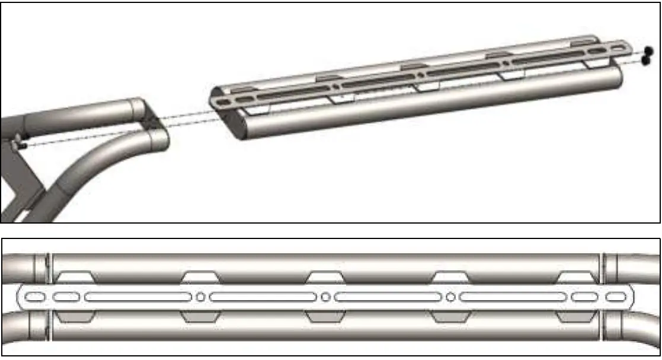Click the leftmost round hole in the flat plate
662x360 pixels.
pyautogui.click(x=200, y=296)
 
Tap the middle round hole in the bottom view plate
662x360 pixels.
pyautogui.click(x=325, y=296)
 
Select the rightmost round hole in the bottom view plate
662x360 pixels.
pyautogui.click(x=451, y=296)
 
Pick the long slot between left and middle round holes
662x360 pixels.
pyautogui.click(x=263, y=296)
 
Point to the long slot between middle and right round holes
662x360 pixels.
pyautogui.click(x=388, y=296)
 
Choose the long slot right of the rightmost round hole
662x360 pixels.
pyautogui.click(x=513, y=296)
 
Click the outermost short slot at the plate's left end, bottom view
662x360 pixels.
pyautogui.click(x=35, y=296)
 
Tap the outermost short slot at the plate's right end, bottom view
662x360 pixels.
pyautogui.click(x=616, y=296)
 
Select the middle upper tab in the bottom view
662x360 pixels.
pyautogui.click(x=325, y=277)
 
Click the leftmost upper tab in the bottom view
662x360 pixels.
pyautogui.click(x=75, y=277)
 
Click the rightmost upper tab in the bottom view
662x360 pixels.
pyautogui.click(x=575, y=277)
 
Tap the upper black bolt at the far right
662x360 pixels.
pyautogui.click(x=648, y=50)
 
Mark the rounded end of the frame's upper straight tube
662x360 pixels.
pyautogui.click(x=137, y=110)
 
